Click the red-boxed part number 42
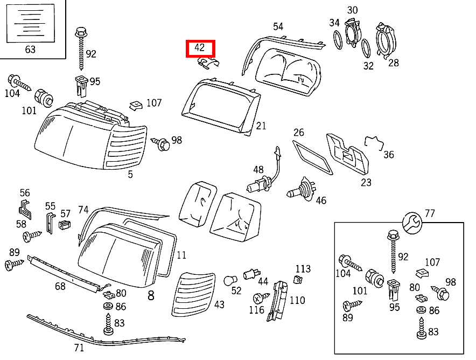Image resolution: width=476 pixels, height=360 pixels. coord(200,48)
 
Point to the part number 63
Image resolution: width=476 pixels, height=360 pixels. coord(30,50)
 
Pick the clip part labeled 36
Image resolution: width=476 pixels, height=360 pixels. coord(373,143)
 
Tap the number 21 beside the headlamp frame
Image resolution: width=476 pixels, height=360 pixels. coord(261,126)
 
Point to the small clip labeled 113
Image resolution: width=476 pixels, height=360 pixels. coord(297,279)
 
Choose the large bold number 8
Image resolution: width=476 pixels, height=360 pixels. coord(151,295)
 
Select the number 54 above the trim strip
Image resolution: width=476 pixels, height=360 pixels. coord(278,26)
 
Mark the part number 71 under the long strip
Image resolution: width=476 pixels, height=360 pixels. coord(79,348)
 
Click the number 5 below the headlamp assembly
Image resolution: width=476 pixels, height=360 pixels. coord(130,174)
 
